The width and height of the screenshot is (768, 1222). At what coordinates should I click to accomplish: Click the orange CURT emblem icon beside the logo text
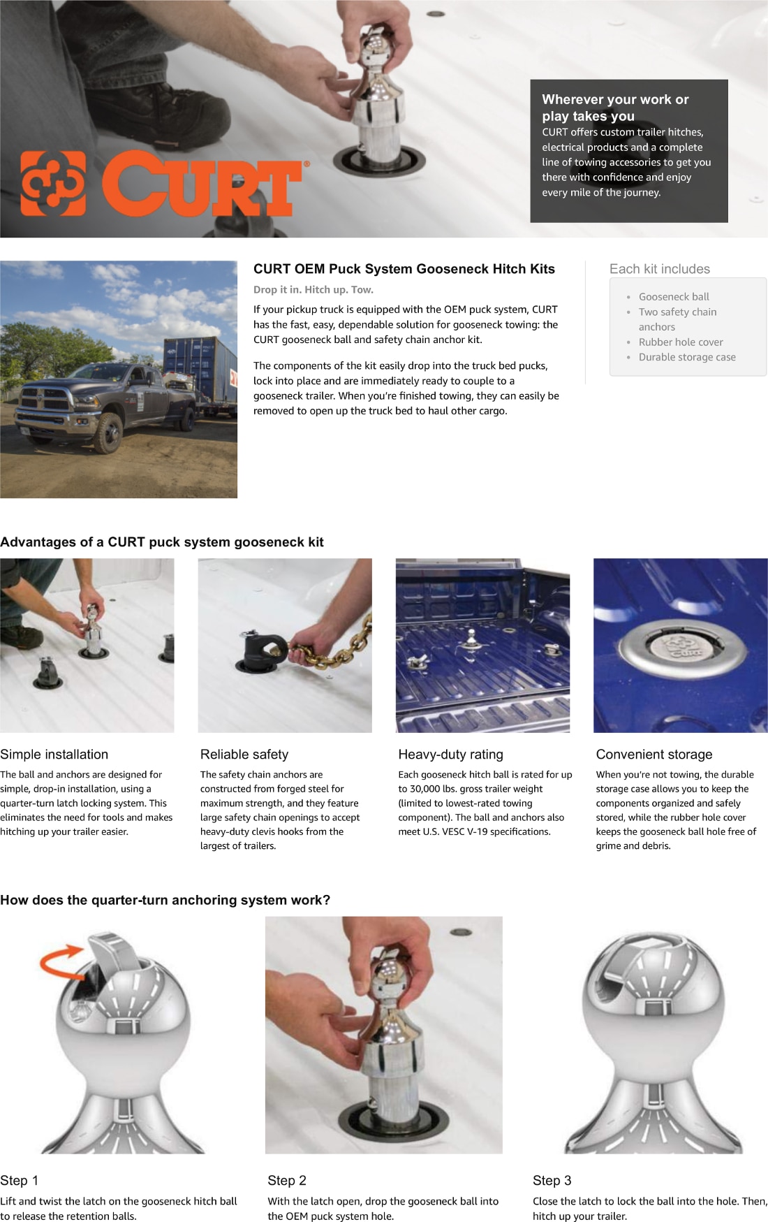click(54, 183)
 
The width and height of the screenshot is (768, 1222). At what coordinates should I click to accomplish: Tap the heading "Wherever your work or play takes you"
click(614, 108)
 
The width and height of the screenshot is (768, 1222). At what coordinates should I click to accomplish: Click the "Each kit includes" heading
click(659, 269)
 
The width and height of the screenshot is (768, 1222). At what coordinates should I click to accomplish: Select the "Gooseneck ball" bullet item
click(673, 297)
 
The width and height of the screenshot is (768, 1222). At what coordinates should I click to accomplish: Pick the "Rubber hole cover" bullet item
click(680, 342)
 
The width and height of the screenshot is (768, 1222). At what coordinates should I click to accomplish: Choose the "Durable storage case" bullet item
click(686, 357)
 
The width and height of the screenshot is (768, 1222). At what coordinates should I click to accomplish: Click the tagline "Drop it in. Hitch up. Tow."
click(313, 290)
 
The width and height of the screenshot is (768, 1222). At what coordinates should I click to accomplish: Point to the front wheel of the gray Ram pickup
click(109, 433)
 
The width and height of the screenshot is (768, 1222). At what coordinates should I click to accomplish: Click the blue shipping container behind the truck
click(199, 363)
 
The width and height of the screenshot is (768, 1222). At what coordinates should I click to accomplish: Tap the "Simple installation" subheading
click(54, 755)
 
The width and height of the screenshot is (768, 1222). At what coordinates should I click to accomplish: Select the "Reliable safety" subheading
click(244, 755)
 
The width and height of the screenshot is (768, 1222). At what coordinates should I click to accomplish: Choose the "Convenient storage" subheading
click(654, 755)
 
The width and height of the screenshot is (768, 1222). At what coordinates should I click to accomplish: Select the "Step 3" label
click(552, 1180)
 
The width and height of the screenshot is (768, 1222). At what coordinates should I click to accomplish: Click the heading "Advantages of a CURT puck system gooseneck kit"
click(162, 542)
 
